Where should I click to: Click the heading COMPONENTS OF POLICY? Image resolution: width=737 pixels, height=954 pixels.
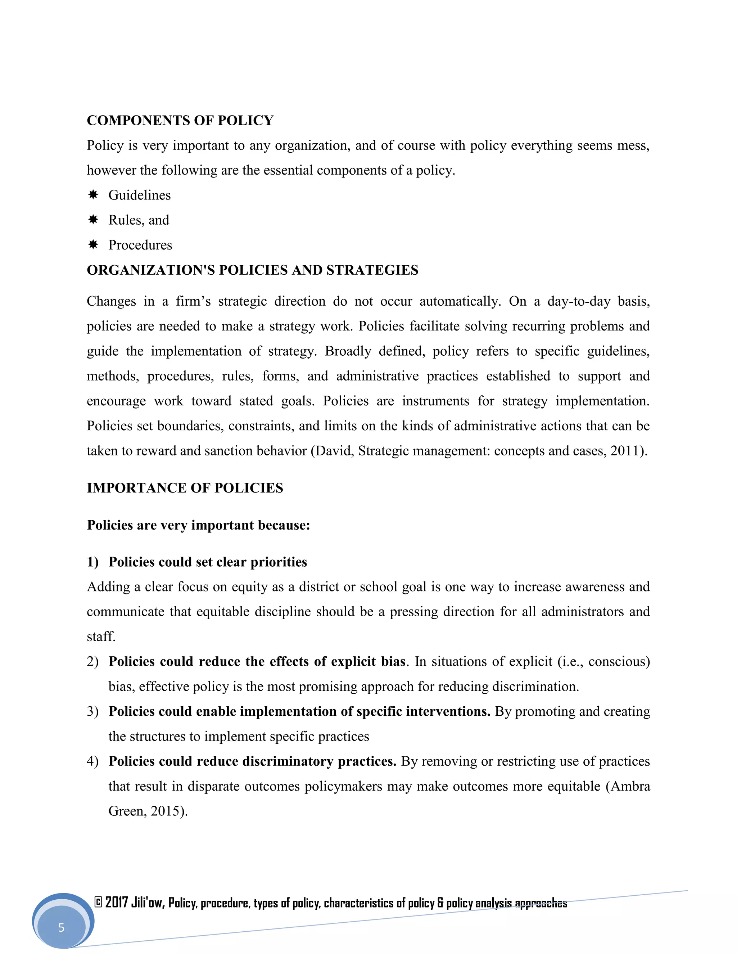pyautogui.click(x=180, y=120)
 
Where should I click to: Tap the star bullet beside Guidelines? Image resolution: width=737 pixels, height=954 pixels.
pyautogui.click(x=93, y=195)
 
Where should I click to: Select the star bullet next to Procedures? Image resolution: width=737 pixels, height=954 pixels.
pyautogui.click(x=93, y=244)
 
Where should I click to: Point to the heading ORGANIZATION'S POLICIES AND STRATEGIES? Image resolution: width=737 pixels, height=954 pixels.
pyautogui.click(x=252, y=270)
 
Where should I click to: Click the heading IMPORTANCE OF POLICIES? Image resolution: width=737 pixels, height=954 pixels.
pyautogui.click(x=185, y=488)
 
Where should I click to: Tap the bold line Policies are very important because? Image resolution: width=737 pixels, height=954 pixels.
pyautogui.click(x=198, y=525)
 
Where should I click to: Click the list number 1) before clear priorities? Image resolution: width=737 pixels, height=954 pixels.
pyautogui.click(x=92, y=562)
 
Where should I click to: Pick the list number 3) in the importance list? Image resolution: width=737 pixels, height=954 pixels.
pyautogui.click(x=92, y=712)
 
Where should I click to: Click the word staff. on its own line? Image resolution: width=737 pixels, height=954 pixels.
pyautogui.click(x=101, y=637)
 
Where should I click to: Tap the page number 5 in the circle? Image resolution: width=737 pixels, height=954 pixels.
pyautogui.click(x=61, y=927)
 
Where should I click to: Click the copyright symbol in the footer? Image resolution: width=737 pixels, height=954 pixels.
pyautogui.click(x=98, y=902)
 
